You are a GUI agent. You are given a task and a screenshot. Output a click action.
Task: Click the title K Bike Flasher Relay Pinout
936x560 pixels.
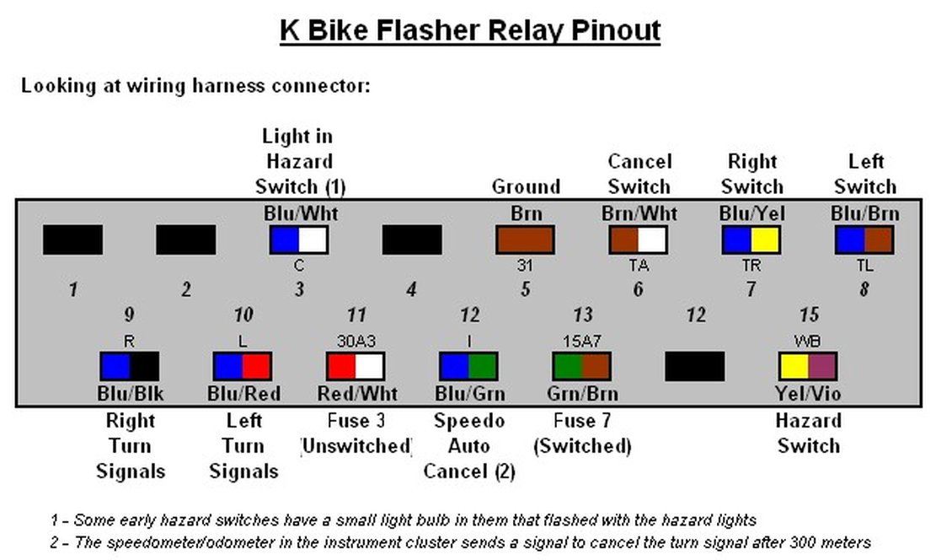pos(469,30)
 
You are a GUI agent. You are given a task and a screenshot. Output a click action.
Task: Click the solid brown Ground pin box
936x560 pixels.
pos(525,240)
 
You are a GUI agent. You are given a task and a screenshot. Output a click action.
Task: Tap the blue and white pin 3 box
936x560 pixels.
pos(298,240)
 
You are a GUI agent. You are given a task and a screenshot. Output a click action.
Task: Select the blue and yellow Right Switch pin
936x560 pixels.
pos(751,240)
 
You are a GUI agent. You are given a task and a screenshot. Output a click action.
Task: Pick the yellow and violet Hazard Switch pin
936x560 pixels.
pos(807,367)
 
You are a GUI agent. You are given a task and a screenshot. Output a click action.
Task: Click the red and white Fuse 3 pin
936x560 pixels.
pos(356,367)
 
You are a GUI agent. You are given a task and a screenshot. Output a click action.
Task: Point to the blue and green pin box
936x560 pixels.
pos(468,367)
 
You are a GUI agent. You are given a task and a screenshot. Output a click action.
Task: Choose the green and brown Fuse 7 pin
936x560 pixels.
pos(581,367)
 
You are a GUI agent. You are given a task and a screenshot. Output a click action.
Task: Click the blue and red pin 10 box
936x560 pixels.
pos(242,367)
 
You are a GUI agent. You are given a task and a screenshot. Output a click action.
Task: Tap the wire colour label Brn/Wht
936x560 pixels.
pos(639,214)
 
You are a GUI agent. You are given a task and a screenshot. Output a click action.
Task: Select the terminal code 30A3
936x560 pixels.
pos(356,342)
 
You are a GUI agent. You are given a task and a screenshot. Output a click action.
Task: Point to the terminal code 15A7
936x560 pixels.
pos(581,342)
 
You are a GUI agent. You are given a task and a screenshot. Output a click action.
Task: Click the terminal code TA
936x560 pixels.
pos(639,266)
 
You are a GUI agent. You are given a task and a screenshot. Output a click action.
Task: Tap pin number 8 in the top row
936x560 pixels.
pos(864,290)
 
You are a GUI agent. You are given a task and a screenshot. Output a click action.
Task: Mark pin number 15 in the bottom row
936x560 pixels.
pos(809,315)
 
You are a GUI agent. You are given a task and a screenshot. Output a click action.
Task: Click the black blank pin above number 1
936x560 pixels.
pos(72,240)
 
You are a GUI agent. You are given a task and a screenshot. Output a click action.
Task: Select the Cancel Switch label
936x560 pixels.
pos(639,174)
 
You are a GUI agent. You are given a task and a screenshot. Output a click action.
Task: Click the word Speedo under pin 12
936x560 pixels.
pos(468,421)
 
